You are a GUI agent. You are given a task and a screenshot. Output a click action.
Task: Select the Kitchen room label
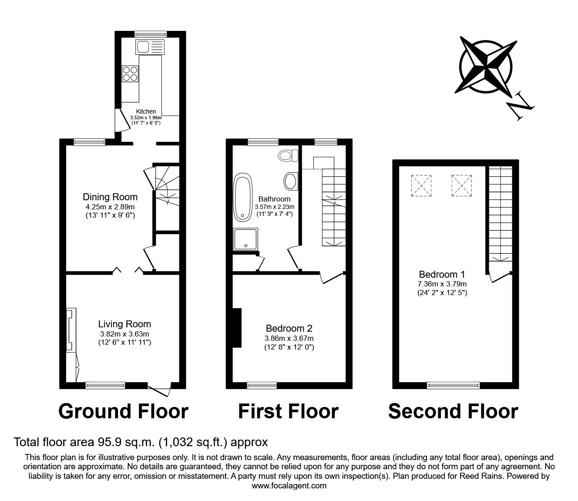(146, 112)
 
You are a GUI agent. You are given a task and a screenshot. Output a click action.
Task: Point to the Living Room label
(124, 324)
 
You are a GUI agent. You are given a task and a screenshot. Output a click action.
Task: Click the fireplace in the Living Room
(71, 330)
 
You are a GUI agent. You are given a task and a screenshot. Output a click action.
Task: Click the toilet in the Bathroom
(288, 155)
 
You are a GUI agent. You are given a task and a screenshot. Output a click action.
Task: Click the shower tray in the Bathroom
(246, 239)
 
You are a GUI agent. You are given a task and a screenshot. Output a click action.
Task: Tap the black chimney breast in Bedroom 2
(237, 328)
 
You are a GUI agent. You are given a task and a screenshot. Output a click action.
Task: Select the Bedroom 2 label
(289, 329)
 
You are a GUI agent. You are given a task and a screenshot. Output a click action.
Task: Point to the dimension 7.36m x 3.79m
(442, 284)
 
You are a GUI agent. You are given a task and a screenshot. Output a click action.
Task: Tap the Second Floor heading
(453, 411)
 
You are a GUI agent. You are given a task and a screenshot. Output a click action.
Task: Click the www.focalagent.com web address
(289, 486)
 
